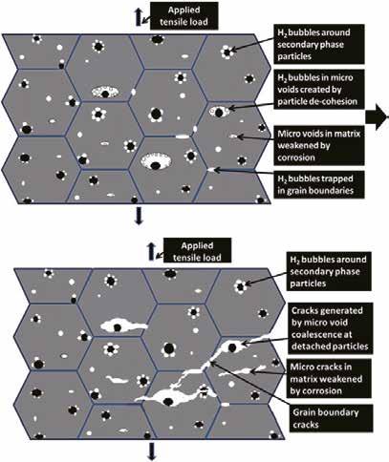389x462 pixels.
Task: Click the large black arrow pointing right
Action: (x=377, y=117)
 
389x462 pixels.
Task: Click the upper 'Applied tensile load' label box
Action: (x=184, y=16)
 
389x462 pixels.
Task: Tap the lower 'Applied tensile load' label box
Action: (x=197, y=251)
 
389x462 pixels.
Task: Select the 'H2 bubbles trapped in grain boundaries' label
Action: (x=318, y=184)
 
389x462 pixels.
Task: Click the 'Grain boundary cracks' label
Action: (x=331, y=418)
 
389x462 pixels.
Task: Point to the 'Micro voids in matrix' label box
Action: (x=319, y=145)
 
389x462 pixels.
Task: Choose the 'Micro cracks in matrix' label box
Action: (x=329, y=379)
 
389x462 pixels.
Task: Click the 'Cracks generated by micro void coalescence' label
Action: (x=330, y=328)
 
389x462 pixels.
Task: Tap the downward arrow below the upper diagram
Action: (x=139, y=216)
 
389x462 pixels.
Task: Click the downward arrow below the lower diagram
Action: (x=152, y=451)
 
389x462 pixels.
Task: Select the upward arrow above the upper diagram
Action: (x=139, y=17)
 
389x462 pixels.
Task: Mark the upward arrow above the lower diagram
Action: (x=152, y=252)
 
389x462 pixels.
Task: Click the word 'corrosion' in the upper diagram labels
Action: (x=296, y=157)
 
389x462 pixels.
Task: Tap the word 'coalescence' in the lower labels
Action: (x=322, y=335)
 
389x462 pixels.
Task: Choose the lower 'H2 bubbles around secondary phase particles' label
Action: (x=329, y=271)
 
